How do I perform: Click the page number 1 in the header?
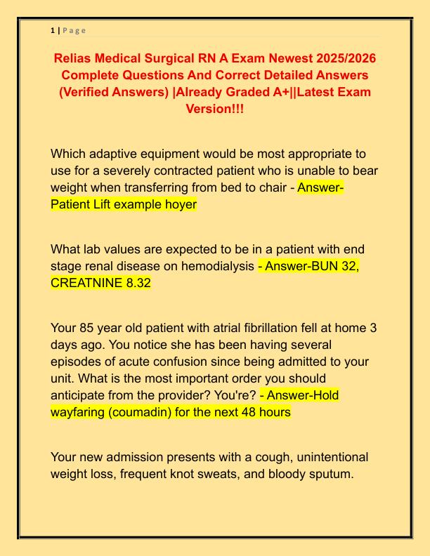(53, 30)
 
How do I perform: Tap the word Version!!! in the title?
(215, 110)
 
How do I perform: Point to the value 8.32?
(137, 283)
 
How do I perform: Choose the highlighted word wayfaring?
(79, 412)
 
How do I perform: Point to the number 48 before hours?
(247, 412)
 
